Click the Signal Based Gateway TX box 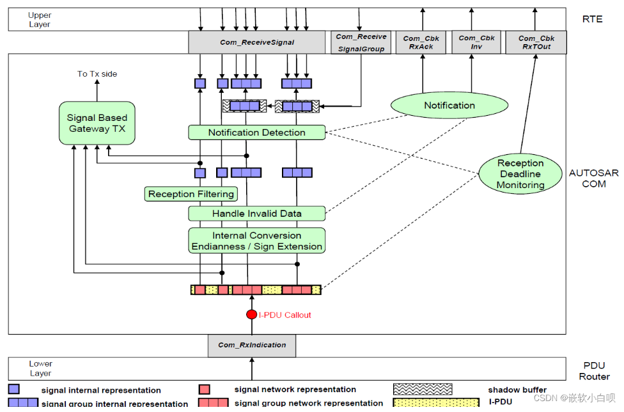pos(97,123)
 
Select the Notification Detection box pos(256,132)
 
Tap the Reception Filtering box pos(191,194)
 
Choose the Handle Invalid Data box pos(256,214)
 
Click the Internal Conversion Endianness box pos(256,241)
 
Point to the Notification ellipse pos(449,106)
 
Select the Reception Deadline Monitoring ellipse pos(520,174)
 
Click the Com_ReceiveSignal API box pos(256,42)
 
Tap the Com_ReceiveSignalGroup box pos(361,42)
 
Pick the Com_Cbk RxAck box pos(421,42)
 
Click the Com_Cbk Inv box pos(476,42)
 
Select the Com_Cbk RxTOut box pos(536,42)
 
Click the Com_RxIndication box pos(252,345)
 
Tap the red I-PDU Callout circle pos(251,315)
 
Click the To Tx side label pos(97,74)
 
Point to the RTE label pos(592,19)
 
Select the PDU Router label pos(594,371)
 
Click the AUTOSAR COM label pos(594,178)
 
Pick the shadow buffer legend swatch pos(423,389)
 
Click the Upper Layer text pos(40,19)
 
